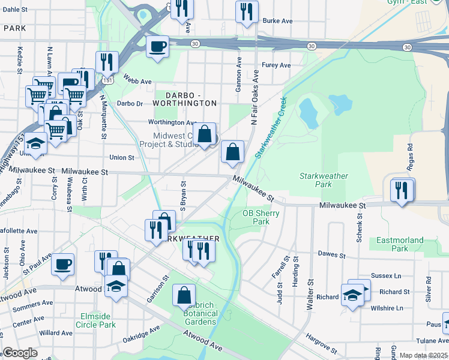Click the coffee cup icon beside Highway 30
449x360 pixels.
coord(157,46)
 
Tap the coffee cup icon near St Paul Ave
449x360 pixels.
coord(62,264)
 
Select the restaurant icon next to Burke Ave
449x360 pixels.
coord(247,11)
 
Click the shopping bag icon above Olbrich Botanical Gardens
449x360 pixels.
coord(184,295)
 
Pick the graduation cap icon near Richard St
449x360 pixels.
coord(352,294)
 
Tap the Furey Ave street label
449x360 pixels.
coord(277,65)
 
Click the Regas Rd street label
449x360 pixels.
coord(411,154)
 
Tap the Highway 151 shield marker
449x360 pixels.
coord(107,79)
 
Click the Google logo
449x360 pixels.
coord(20,353)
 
